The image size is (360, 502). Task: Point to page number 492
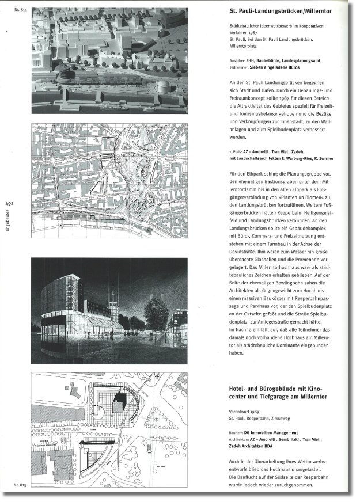tap(9, 203)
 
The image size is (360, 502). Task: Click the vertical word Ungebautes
tap(9, 224)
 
